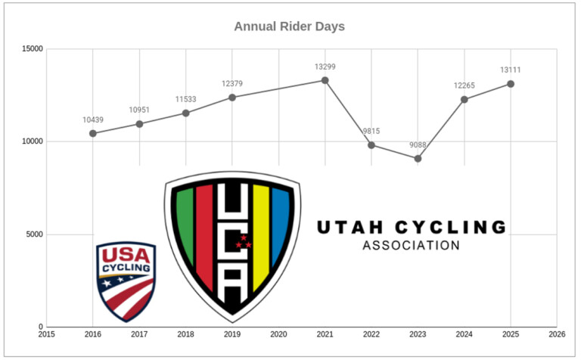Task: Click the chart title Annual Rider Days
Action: click(289, 26)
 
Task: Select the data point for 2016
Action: click(93, 133)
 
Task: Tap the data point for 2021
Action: click(325, 80)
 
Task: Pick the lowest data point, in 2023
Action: click(418, 158)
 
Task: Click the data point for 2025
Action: click(511, 84)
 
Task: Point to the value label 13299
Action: click(325, 67)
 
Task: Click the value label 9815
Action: click(372, 131)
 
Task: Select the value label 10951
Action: click(139, 110)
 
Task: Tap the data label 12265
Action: click(464, 86)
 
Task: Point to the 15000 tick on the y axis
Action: click(32, 49)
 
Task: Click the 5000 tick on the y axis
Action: click(34, 234)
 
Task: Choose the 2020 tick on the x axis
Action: click(278, 334)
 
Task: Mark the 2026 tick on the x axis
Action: click(557, 334)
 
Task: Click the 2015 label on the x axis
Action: click(46, 334)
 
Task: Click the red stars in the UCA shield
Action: click(243, 243)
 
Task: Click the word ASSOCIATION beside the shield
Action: click(411, 246)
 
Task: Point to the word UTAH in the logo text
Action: click(345, 227)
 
